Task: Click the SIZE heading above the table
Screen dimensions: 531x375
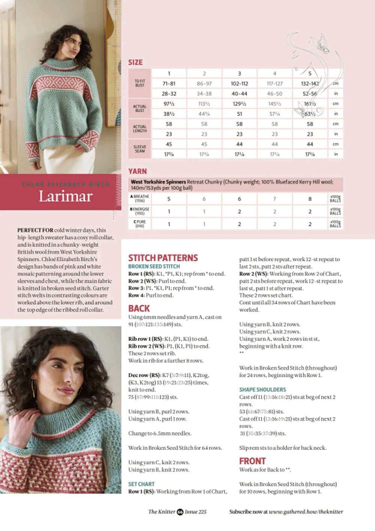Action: (x=135, y=62)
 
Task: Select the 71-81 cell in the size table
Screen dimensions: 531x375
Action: (x=169, y=84)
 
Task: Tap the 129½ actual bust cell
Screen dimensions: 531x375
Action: (x=239, y=104)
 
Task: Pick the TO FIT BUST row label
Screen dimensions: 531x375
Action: (x=139, y=83)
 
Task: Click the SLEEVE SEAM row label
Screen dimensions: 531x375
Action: (x=139, y=149)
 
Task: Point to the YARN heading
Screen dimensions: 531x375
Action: (x=137, y=171)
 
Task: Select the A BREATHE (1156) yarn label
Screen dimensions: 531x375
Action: (x=139, y=198)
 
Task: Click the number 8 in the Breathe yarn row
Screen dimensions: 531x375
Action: (x=310, y=199)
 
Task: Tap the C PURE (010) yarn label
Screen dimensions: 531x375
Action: (x=139, y=224)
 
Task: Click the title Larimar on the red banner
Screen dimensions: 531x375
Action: (x=65, y=196)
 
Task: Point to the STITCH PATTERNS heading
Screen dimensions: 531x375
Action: (x=163, y=258)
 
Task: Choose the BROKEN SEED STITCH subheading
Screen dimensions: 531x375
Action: (x=154, y=266)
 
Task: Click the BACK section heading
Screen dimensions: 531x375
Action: (x=139, y=308)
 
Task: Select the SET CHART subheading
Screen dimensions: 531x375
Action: (x=141, y=484)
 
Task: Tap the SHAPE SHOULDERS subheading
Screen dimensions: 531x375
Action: (x=262, y=390)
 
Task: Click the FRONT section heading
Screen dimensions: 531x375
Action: (x=252, y=461)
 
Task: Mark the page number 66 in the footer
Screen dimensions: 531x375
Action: (x=180, y=512)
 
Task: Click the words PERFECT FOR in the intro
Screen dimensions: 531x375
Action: (x=35, y=230)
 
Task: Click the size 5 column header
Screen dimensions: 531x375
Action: (x=310, y=73)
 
